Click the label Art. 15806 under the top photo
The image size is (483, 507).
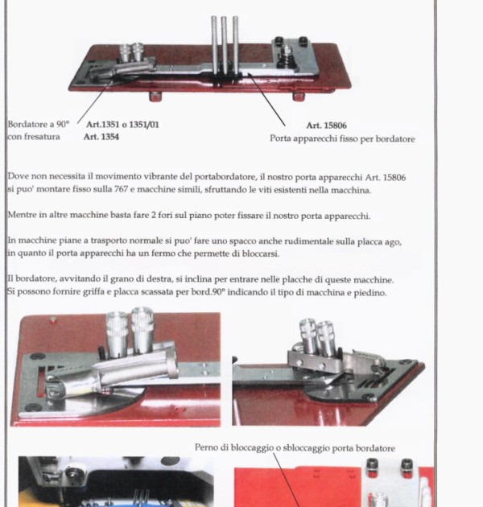point(326,126)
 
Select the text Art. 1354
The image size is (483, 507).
point(101,137)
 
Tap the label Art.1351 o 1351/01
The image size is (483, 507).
point(122,125)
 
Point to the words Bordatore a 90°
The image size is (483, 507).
point(39,125)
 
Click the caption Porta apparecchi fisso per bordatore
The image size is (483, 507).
point(342,138)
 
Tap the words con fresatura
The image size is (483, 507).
point(34,137)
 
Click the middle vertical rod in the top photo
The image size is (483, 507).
point(224,45)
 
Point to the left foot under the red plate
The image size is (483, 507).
point(155,96)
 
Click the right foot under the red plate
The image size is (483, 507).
point(299,96)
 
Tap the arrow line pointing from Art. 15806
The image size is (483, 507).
point(266,100)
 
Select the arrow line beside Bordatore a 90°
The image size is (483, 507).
point(95,101)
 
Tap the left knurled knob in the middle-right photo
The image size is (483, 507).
point(308,336)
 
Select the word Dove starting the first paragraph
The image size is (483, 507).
point(19,176)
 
